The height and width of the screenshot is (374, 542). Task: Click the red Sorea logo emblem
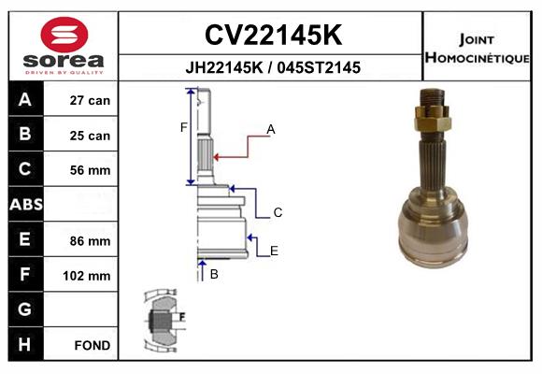coord(64,35)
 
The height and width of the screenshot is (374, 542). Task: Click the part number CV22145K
coord(273,35)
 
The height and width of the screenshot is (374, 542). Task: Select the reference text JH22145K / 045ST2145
coord(273,67)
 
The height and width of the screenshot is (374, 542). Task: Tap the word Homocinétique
coord(478,57)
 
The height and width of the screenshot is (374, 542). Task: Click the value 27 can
coord(90,100)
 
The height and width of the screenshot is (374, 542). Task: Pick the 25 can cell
coord(90,136)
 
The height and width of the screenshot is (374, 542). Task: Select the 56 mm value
coord(90,170)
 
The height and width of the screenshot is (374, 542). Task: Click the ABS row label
coord(26,204)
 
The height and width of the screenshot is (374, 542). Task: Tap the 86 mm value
coord(90,241)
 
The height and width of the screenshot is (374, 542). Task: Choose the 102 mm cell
coord(86,276)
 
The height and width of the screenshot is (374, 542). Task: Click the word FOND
coord(93,345)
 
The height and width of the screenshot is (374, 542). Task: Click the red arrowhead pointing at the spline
coord(217,157)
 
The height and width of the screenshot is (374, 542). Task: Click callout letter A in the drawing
coord(271,129)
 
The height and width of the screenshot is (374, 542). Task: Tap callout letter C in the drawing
coord(278,212)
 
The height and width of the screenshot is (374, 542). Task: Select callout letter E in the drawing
coord(274,251)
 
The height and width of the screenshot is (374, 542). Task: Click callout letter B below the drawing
coord(214,274)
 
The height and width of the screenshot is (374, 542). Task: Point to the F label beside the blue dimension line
coord(183,128)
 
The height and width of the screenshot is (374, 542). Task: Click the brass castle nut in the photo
coord(433,119)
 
